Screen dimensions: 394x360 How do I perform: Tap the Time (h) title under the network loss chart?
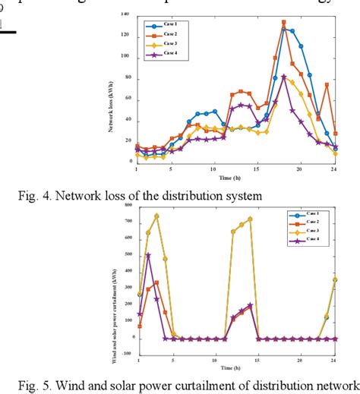point(235,176)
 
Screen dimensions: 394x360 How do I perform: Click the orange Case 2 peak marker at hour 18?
point(283,23)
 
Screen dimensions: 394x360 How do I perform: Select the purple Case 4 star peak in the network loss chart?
point(283,77)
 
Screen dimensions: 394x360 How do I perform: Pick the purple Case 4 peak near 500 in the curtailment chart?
point(148,255)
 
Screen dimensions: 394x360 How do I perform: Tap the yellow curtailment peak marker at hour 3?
point(156,216)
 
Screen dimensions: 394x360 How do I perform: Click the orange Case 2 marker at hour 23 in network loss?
point(327,85)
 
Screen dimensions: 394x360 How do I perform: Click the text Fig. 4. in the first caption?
point(32,196)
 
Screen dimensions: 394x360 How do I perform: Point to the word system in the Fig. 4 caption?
point(242,196)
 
